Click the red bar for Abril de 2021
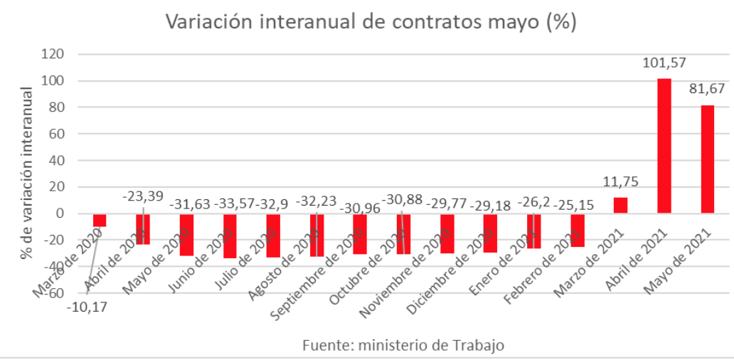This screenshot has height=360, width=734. coord(664,146)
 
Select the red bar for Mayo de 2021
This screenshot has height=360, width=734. coord(708,159)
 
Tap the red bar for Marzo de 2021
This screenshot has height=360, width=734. coord(620,205)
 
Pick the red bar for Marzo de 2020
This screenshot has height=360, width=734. coord(100,220)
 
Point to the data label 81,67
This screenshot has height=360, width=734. coord(707,90)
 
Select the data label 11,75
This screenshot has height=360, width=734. coord(619,181)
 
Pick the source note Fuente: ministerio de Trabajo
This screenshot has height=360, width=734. coord(403,345)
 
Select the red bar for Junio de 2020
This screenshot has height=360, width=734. coord(230,235)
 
